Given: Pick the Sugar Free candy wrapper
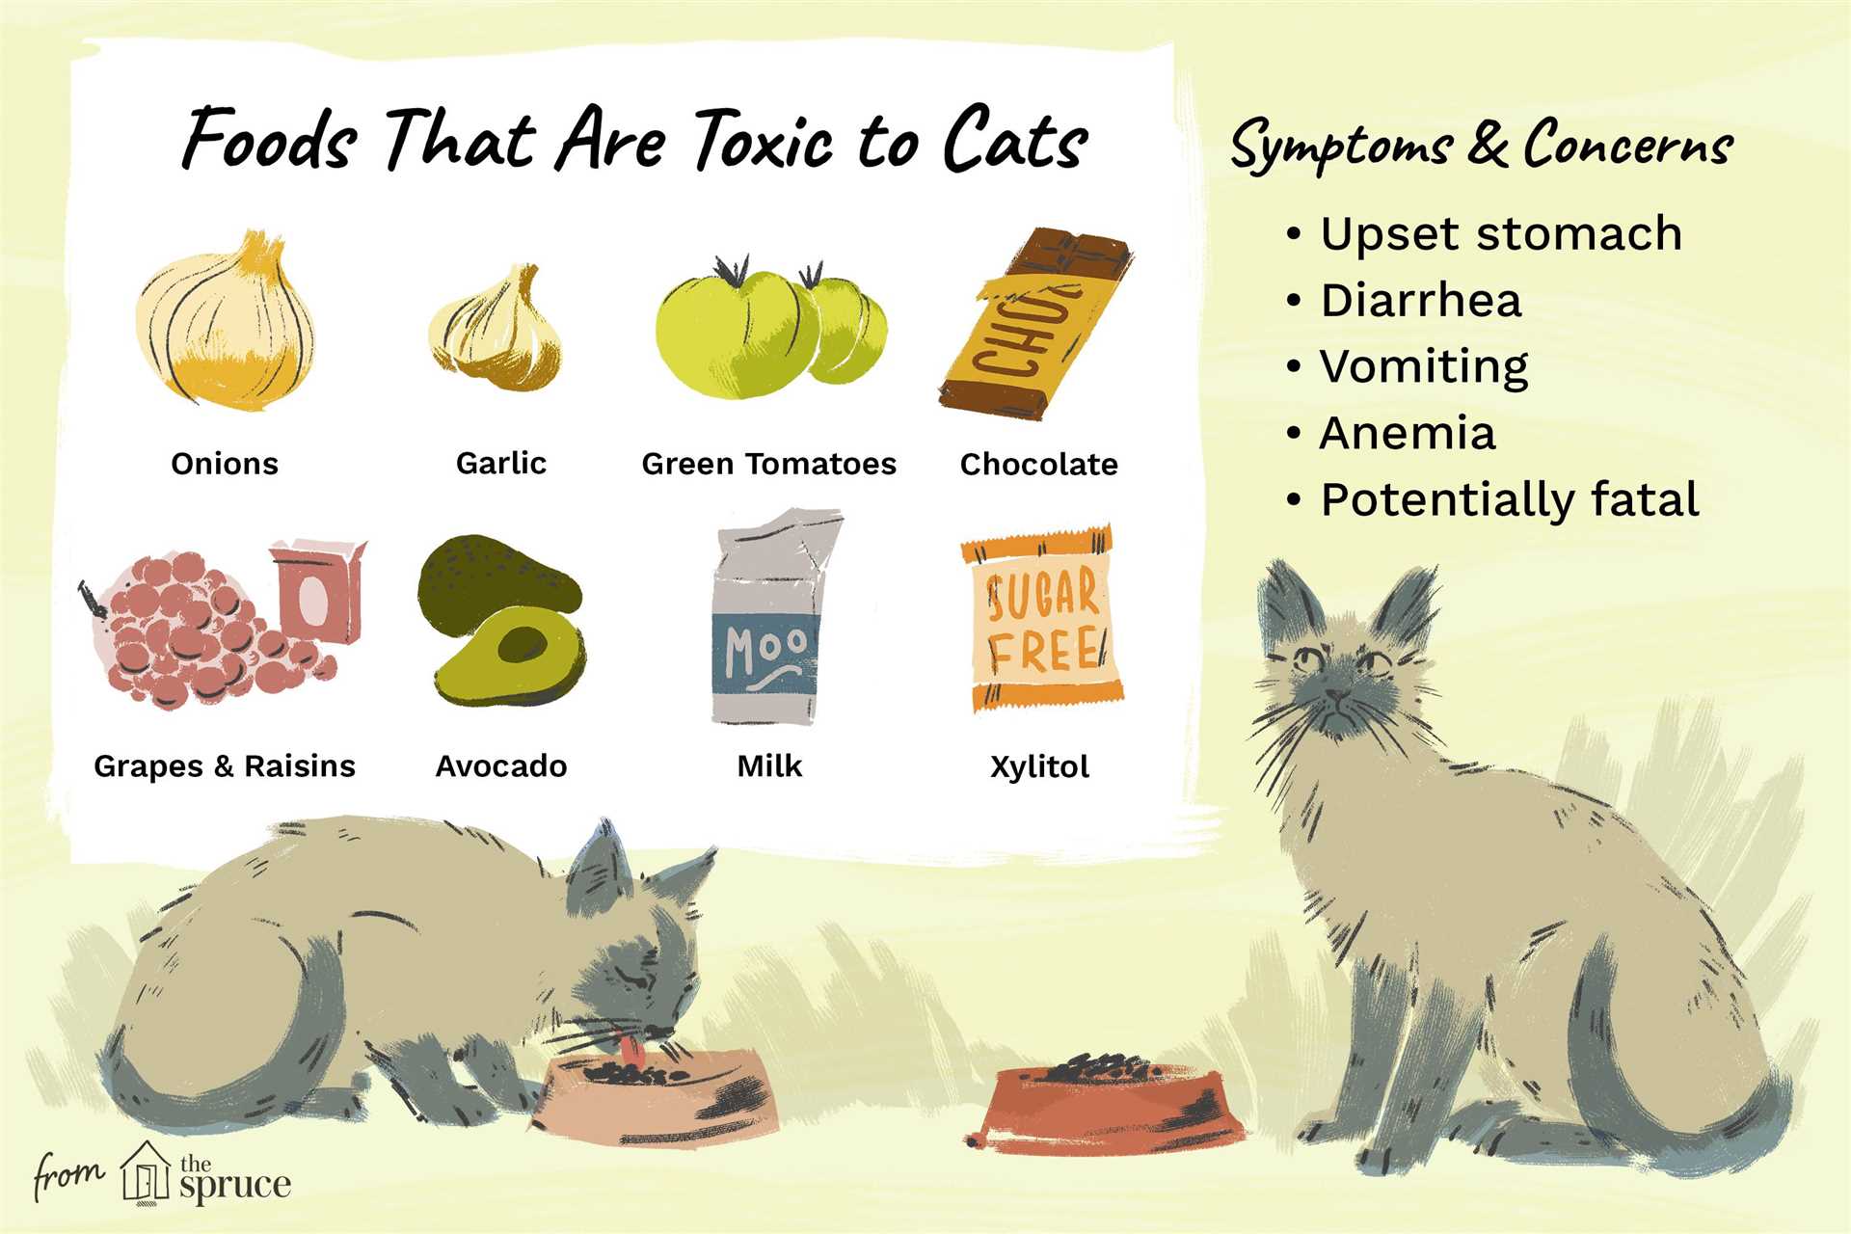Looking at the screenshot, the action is click(1042, 618).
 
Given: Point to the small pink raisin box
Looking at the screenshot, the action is click(318, 590).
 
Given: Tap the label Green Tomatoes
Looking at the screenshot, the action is click(769, 464).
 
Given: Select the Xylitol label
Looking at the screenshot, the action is click(1039, 767).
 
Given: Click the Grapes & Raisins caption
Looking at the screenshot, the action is click(225, 766).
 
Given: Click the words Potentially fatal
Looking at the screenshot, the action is click(1510, 499).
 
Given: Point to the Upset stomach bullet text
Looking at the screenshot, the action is click(1501, 234).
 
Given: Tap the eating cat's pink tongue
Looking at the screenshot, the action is click(631, 1047).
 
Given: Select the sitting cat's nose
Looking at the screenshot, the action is click(1336, 693).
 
